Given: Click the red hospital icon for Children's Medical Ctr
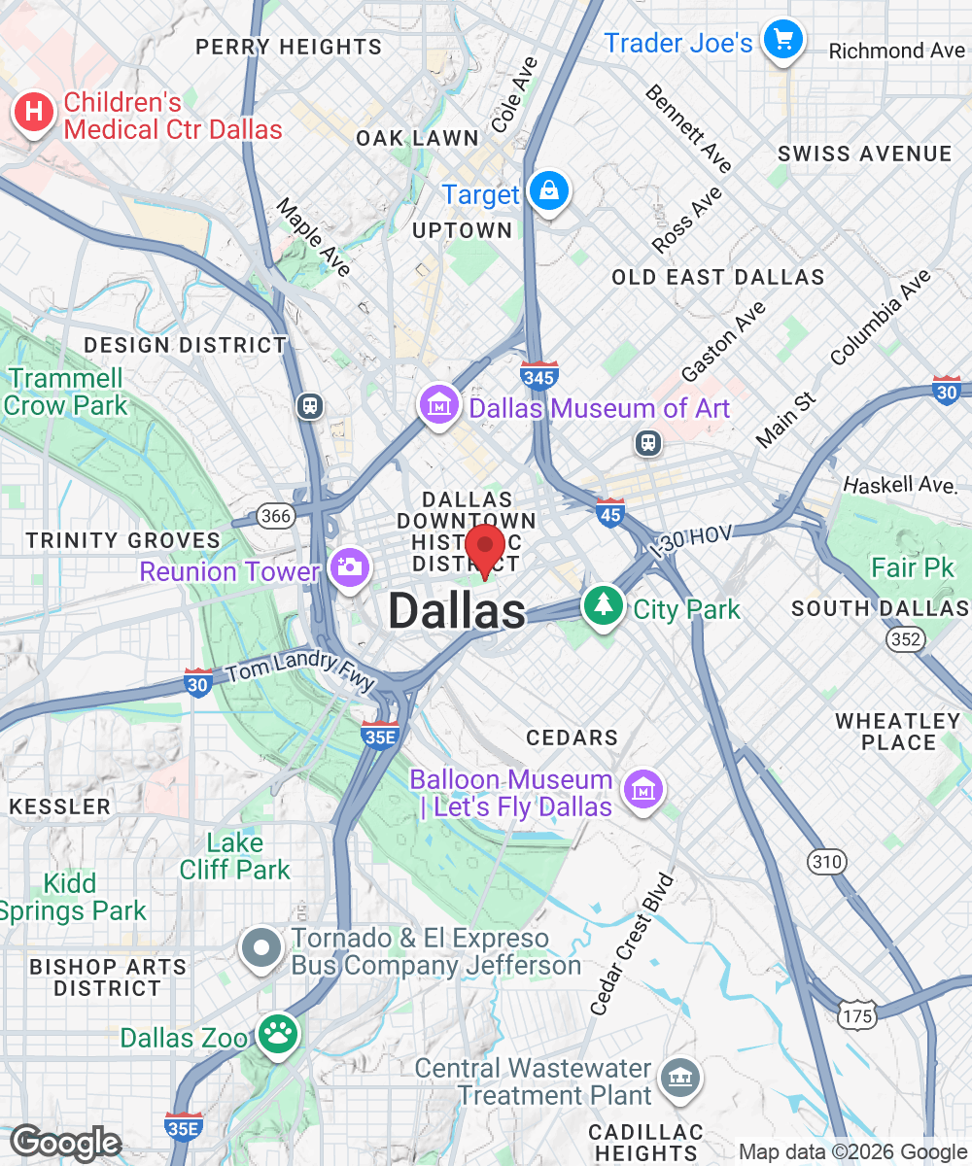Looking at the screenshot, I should click(33, 114).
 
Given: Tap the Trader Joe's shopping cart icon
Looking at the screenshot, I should click(783, 41).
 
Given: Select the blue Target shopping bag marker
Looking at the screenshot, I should click(549, 191).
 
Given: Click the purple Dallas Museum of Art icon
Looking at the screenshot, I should click(438, 404).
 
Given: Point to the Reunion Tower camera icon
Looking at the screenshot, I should click(349, 566).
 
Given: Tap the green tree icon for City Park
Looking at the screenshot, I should click(605, 605).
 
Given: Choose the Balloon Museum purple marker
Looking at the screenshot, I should click(642, 790).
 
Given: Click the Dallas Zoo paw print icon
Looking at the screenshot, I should click(276, 1033).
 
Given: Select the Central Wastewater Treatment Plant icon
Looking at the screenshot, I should click(678, 1077).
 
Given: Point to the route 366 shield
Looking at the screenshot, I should click(276, 515).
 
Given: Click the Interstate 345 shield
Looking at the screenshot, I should click(538, 375).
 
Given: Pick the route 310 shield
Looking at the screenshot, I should click(826, 861).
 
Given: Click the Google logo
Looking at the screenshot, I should click(65, 1143).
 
